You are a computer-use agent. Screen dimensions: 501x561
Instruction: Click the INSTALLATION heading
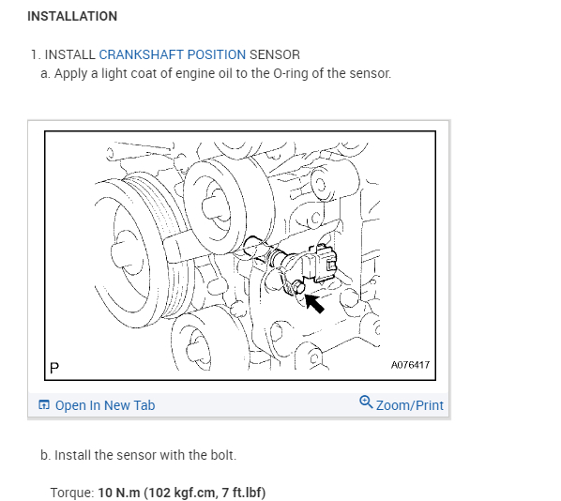tap(72, 16)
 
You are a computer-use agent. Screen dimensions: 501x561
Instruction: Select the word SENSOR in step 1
tap(275, 54)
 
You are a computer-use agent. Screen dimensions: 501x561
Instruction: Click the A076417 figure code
tap(409, 365)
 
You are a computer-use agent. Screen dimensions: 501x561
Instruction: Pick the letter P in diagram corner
tap(53, 368)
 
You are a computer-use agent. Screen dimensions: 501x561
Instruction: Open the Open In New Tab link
tap(105, 405)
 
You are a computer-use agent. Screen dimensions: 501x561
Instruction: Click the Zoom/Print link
tap(409, 405)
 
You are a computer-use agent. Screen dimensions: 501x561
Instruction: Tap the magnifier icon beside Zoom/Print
tap(366, 403)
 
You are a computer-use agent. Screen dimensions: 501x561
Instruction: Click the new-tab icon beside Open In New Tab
tap(44, 405)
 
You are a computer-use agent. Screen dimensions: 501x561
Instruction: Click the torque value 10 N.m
tap(118, 492)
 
